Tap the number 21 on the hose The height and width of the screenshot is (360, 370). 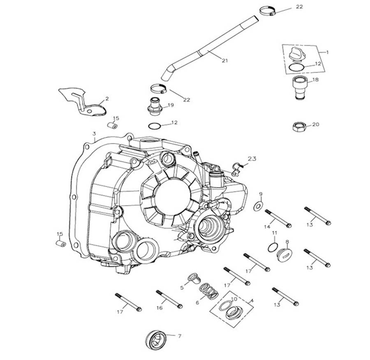click(x=224, y=61)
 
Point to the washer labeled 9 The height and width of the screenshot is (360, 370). click(x=258, y=205)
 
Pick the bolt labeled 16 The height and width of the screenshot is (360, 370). click(x=169, y=299)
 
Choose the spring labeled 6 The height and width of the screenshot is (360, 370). click(x=208, y=292)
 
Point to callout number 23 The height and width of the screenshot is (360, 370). click(x=252, y=158)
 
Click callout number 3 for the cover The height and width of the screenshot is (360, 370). click(x=94, y=134)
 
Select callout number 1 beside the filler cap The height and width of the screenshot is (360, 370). click(x=327, y=52)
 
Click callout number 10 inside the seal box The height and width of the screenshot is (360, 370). click(x=234, y=299)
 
